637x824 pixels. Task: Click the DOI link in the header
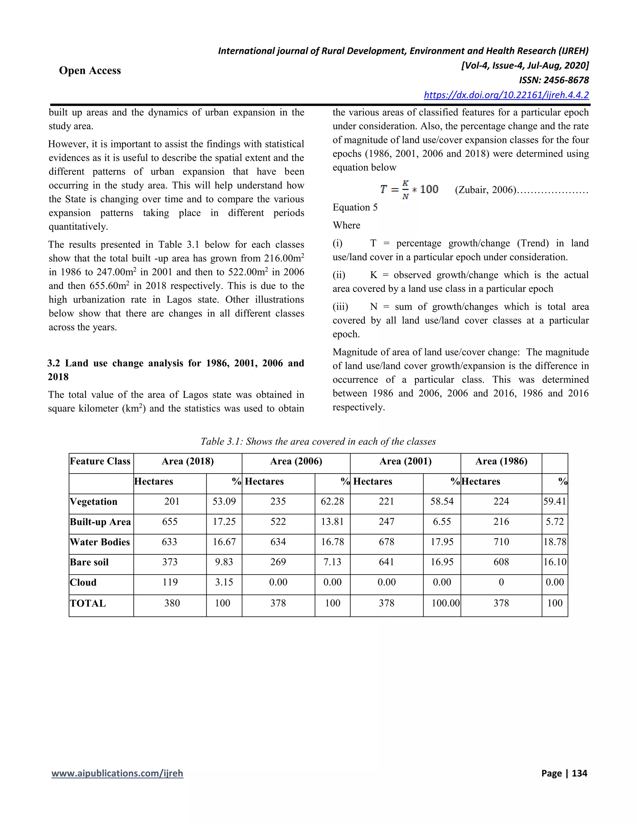506,95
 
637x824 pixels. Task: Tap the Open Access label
90,71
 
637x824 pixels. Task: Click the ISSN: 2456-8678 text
554,80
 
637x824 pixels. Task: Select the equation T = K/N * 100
409,189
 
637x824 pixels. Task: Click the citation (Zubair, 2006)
485,190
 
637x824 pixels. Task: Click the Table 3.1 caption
318,442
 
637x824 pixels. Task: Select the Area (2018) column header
188,461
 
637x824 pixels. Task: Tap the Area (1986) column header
501,461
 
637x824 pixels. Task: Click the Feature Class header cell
100,461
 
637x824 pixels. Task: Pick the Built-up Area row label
100,522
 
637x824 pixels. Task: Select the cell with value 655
170,522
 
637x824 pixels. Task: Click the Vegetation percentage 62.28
332,502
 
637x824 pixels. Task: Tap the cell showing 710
501,542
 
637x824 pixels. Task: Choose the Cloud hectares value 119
170,582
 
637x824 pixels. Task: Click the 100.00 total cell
445,603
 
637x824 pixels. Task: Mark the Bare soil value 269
278,562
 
